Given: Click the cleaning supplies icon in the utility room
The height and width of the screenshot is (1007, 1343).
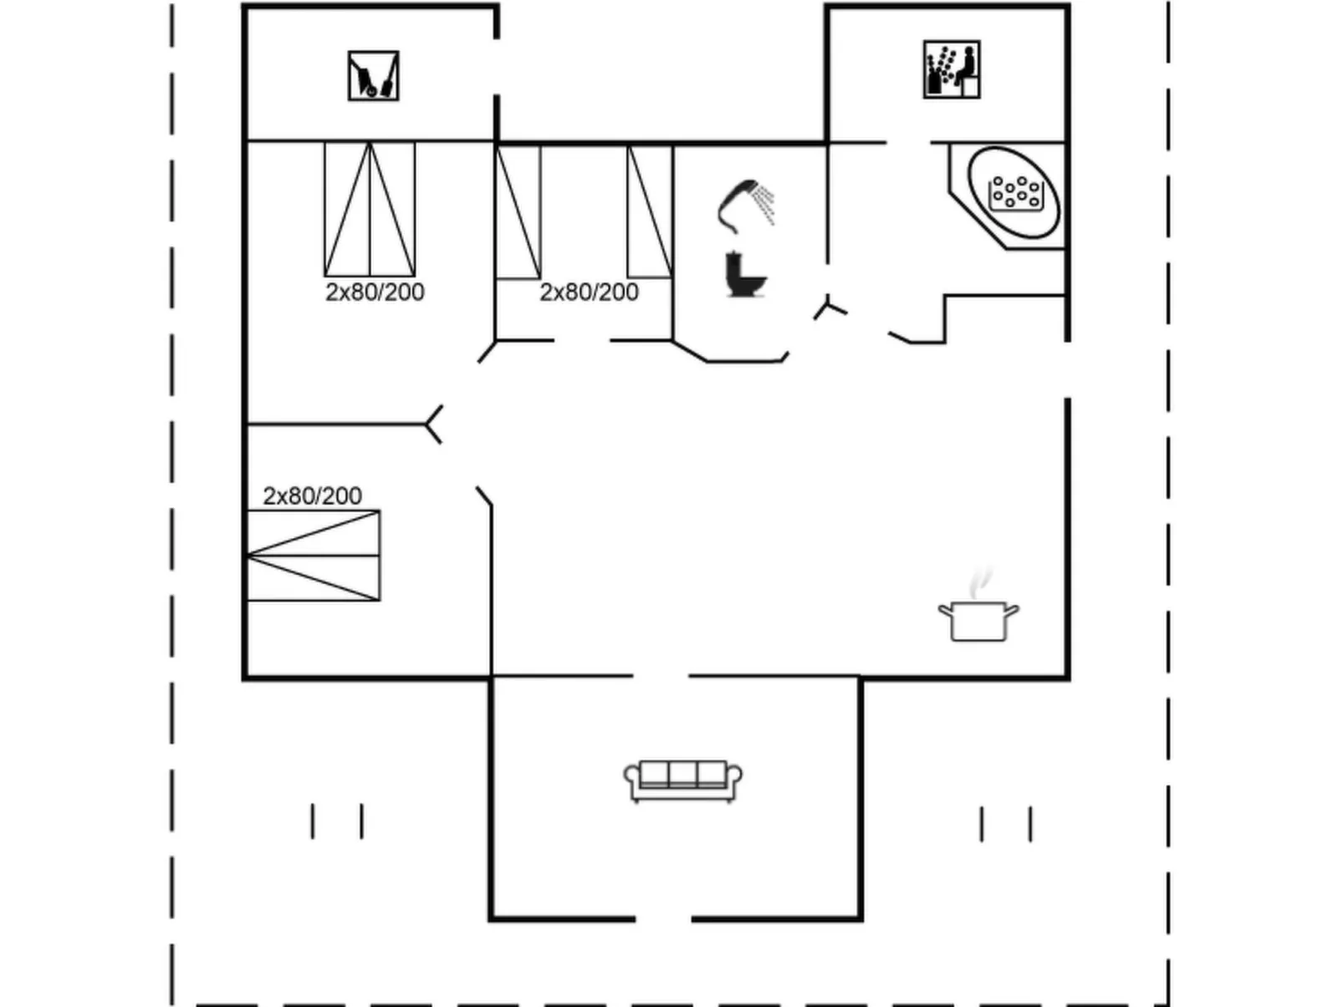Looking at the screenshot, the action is pyautogui.click(x=373, y=76).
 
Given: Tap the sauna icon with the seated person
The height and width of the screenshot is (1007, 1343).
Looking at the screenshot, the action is pyautogui.click(x=952, y=69).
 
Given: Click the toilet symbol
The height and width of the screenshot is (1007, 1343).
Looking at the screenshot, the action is pyautogui.click(x=745, y=275).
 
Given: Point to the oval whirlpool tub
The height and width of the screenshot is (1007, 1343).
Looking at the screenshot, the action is pyautogui.click(x=1013, y=192).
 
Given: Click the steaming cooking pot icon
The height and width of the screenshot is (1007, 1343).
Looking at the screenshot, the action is pyautogui.click(x=978, y=620).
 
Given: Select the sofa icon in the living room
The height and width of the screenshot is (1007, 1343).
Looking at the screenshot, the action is pyautogui.click(x=683, y=781).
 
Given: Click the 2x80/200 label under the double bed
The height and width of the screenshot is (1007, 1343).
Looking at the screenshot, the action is pyautogui.click(x=375, y=292).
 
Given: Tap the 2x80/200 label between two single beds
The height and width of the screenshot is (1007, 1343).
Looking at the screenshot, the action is pyautogui.click(x=589, y=292).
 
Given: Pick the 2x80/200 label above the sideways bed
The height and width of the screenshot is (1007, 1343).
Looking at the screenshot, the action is pyautogui.click(x=312, y=496).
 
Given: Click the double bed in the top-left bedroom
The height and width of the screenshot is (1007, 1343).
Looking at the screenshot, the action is pyautogui.click(x=370, y=209).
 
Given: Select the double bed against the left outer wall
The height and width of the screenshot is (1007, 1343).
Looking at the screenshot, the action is pyautogui.click(x=314, y=555).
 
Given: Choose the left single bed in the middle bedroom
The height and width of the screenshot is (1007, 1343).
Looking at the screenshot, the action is pyautogui.click(x=518, y=212).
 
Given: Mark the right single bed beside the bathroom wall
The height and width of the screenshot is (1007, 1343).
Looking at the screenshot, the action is pyautogui.click(x=650, y=211).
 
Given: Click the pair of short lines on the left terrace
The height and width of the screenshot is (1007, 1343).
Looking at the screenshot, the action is pyautogui.click(x=337, y=821).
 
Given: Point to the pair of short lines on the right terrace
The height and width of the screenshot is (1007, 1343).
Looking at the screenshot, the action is pyautogui.click(x=1006, y=824).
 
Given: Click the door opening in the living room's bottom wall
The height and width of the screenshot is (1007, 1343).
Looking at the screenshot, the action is pyautogui.click(x=663, y=919).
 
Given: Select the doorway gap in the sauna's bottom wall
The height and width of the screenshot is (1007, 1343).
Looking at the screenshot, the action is pyautogui.click(x=909, y=143).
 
